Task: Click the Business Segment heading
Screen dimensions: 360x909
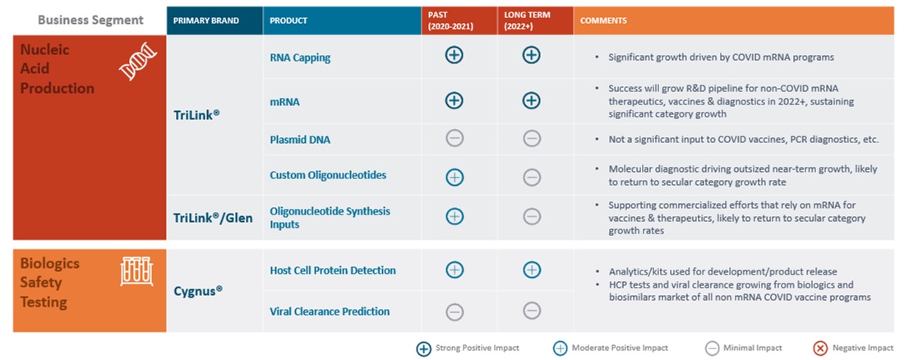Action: pyautogui.click(x=90, y=20)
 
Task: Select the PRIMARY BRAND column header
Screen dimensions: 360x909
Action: pyautogui.click(x=206, y=21)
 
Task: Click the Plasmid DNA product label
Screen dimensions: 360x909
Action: pyautogui.click(x=302, y=139)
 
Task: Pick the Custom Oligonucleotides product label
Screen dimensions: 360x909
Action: pyautogui.click(x=328, y=175)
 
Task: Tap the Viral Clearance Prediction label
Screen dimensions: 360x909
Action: pyautogui.click(x=330, y=312)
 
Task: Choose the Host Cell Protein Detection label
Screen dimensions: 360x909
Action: pyautogui.click(x=333, y=270)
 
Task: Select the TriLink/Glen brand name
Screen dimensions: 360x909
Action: pyautogui.click(x=213, y=218)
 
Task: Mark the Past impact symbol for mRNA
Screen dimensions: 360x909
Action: pyautogui.click(x=454, y=100)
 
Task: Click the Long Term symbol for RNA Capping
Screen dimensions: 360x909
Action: pyautogui.click(x=532, y=55)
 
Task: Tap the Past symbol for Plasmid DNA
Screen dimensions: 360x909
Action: pyautogui.click(x=454, y=138)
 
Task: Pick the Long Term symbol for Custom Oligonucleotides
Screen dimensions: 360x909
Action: pyautogui.click(x=532, y=177)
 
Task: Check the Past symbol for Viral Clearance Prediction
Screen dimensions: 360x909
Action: pyautogui.click(x=454, y=312)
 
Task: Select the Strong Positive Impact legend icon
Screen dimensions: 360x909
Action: pyautogui.click(x=423, y=348)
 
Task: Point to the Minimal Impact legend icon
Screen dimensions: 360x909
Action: pyautogui.click(x=713, y=348)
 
